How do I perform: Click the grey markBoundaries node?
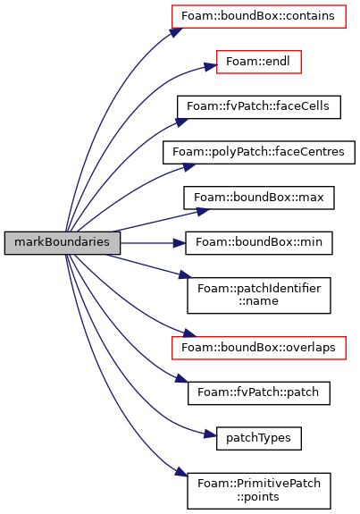point(63,243)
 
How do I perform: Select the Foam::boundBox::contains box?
point(259,16)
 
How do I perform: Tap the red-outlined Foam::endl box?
point(259,62)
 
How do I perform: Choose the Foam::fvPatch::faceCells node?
point(259,107)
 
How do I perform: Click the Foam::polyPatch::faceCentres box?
point(259,153)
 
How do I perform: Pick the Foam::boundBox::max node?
point(259,198)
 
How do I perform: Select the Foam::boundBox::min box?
point(259,243)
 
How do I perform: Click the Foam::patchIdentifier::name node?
point(259,295)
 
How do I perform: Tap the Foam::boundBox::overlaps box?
point(259,348)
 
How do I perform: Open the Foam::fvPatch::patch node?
point(259,393)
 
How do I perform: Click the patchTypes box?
point(259,438)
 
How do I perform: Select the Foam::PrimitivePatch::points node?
point(259,491)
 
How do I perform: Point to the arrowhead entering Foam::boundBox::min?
point(180,243)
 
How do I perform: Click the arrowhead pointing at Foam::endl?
point(210,66)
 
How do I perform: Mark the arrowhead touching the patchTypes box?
point(210,434)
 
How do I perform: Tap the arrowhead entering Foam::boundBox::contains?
point(176,32)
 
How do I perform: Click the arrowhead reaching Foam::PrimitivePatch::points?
point(181,471)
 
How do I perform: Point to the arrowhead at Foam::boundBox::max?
point(203,212)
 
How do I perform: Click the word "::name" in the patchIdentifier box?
point(259,301)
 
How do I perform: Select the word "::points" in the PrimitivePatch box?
point(259,497)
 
